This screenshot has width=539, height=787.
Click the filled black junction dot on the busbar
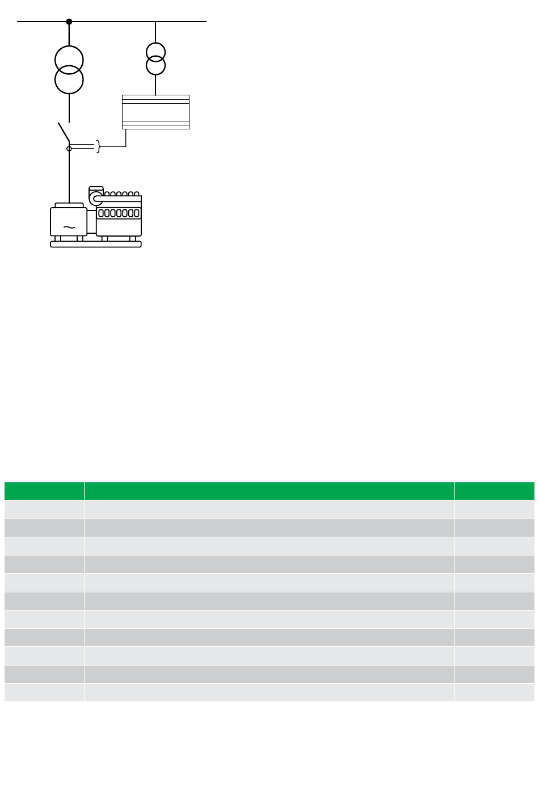coord(69,22)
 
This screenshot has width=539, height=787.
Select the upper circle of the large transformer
coord(69,58)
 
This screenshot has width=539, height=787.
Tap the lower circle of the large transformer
coord(69,80)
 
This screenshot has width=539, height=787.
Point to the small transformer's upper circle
coord(155,52)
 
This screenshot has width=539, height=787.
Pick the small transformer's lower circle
coord(155,66)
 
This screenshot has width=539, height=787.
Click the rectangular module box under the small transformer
coord(155,112)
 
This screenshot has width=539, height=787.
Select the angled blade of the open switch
coord(64,132)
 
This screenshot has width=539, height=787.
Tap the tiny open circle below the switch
coord(69,149)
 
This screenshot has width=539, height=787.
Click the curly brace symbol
coord(99,147)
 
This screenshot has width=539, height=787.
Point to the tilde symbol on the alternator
coord(69,228)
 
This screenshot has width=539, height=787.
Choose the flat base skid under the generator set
coord(96,245)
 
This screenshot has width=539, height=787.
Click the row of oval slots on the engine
coord(119,213)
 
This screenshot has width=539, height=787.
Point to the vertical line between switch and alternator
coord(69,176)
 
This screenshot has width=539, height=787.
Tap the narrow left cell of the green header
coord(44,491)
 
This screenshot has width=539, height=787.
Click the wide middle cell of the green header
coord(269,491)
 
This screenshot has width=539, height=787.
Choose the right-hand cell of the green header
coord(494,491)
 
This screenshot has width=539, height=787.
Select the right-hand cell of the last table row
coord(494,692)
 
